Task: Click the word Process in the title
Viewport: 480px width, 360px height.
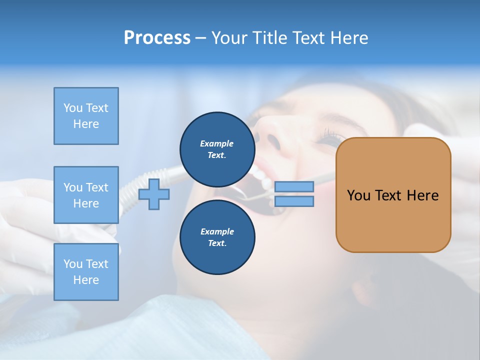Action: (157, 38)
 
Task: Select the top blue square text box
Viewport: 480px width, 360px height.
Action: (86, 116)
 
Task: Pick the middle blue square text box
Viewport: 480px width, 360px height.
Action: (86, 195)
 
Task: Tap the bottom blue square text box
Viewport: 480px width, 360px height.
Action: (86, 272)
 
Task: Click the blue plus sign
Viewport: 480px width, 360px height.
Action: (154, 194)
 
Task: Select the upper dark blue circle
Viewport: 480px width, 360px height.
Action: (217, 149)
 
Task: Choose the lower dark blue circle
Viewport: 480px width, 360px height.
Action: (217, 237)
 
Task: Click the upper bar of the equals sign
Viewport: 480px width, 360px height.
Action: (294, 186)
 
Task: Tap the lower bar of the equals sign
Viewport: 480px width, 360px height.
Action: (294, 201)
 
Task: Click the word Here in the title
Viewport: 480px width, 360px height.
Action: (347, 38)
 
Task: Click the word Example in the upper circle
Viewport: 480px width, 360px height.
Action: (217, 144)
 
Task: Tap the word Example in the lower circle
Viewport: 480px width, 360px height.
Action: (217, 232)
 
